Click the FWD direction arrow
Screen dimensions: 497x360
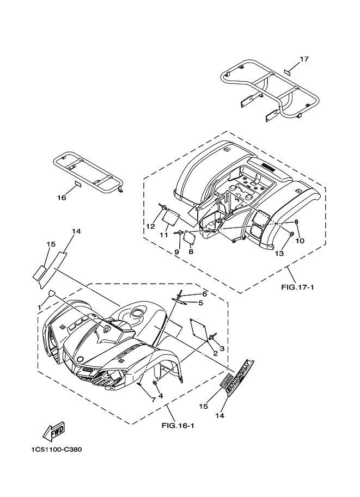tap(54, 431)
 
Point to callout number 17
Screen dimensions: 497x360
tap(304, 59)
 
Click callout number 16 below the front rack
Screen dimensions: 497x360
tap(61, 198)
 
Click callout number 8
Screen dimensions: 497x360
tap(191, 251)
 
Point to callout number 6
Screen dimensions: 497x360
tap(190, 294)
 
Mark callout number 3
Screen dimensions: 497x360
tap(222, 348)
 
